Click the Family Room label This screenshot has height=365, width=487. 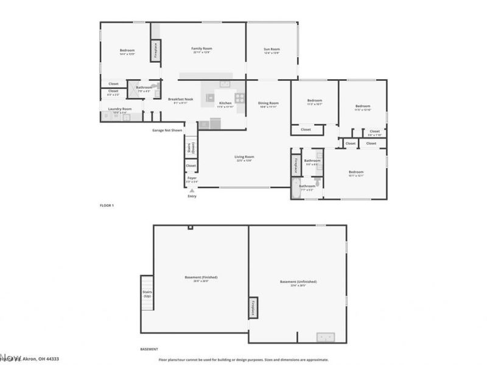point(202,49)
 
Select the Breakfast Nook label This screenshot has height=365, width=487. point(181,99)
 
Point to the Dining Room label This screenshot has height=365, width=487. point(268,103)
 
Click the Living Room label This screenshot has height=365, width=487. point(243,157)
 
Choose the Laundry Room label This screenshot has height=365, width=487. point(120,109)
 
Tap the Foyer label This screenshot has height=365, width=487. point(192,178)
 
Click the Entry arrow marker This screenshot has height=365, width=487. point(192,191)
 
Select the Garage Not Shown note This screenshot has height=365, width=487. point(167,130)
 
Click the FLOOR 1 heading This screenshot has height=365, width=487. point(107,206)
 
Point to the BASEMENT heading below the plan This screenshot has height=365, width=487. point(149,349)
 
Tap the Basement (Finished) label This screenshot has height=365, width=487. point(201,277)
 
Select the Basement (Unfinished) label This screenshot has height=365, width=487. point(298,282)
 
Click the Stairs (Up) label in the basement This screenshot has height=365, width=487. point(147,294)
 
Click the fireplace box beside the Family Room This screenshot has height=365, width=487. point(156,51)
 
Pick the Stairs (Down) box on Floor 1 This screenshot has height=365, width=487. point(191,147)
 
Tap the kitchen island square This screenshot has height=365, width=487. point(211,97)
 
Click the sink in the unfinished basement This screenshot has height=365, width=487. point(324,336)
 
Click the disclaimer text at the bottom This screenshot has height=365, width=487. point(243,360)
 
